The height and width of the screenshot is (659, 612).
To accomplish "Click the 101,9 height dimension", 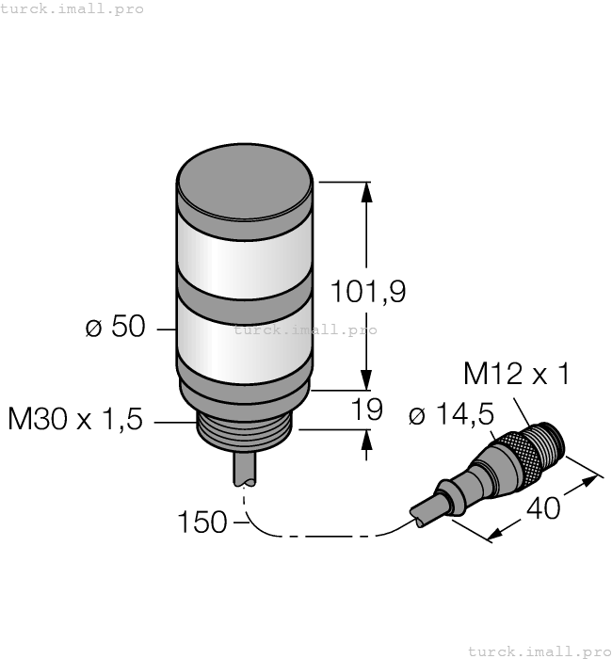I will tap(367, 293).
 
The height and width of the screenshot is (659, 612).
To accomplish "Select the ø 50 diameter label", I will tap(115, 328).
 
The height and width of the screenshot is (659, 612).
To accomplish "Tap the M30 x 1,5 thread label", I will tap(75, 420).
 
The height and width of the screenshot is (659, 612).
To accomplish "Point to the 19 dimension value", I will tap(367, 410).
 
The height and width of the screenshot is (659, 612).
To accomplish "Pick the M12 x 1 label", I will tap(517, 375).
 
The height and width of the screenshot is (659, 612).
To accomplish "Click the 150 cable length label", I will tap(202, 522).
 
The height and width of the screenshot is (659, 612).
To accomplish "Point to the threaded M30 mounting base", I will tap(245, 432).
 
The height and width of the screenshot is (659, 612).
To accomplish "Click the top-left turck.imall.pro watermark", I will tap(72, 8).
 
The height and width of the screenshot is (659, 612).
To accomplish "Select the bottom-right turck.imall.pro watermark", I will tap(540, 651).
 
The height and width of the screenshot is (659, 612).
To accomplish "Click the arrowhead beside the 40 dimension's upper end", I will tap(590, 480).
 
